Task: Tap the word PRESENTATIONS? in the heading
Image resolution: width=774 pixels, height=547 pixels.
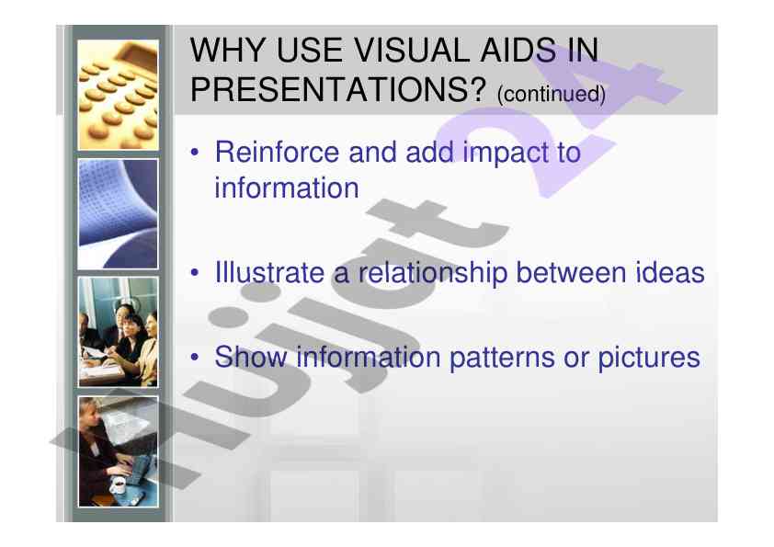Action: click(338, 89)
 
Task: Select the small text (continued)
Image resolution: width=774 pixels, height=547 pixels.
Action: click(552, 94)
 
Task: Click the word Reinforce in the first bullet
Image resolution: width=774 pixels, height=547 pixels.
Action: click(277, 152)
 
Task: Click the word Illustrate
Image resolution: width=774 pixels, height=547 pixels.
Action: click(269, 272)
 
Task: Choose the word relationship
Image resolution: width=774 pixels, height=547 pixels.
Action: click(432, 274)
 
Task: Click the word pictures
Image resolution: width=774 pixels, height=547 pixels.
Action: click(649, 358)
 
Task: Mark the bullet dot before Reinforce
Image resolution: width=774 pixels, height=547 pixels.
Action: click(195, 153)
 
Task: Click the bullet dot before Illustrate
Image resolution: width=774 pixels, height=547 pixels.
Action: click(195, 273)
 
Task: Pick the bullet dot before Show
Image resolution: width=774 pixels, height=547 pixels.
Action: click(195, 357)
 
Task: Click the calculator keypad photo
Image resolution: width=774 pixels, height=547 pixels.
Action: click(118, 95)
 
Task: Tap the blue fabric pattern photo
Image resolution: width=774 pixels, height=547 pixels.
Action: click(118, 214)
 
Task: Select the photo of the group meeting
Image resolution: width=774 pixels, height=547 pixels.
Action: click(118, 332)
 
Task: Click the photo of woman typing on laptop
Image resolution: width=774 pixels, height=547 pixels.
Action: click(118, 451)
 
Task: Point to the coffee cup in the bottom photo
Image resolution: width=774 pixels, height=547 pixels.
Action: click(119, 485)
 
